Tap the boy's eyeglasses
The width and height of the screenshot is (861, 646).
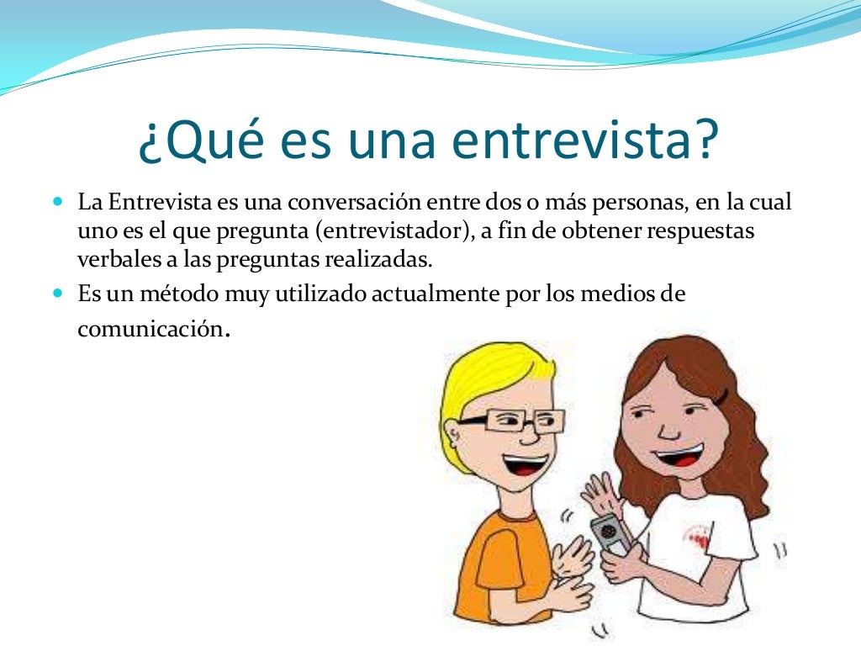click(510, 418)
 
